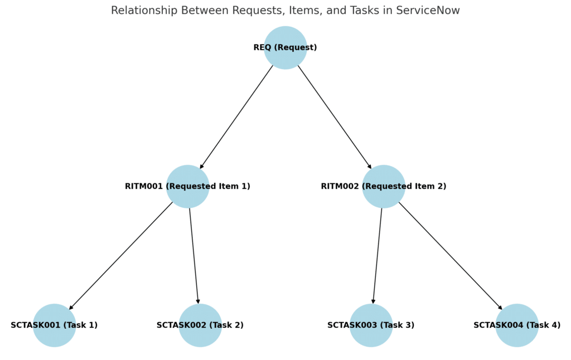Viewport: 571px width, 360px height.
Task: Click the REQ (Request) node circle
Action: (285, 48)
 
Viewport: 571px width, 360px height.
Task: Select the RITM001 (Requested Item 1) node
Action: (188, 186)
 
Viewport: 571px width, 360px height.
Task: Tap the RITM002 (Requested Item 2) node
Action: (384, 186)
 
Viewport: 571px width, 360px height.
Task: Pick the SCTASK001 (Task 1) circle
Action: (54, 325)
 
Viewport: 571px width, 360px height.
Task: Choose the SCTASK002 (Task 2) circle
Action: (200, 325)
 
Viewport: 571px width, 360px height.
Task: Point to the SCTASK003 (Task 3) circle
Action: (371, 325)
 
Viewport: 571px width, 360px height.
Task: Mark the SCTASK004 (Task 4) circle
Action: (517, 325)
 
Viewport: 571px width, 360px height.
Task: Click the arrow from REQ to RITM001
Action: (236, 117)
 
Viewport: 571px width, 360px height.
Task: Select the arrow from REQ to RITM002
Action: (335, 117)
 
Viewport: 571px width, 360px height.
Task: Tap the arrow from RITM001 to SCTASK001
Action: (121, 256)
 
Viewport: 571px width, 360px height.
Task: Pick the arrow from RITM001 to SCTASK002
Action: (194, 256)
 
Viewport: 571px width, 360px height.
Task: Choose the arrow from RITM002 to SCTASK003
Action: (378, 256)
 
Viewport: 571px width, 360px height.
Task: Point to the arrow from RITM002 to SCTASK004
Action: (451, 256)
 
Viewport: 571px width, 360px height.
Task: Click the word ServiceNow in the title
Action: (428, 10)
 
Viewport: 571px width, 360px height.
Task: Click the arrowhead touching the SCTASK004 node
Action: (500, 307)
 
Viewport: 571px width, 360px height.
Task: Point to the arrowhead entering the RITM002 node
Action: (369, 167)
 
